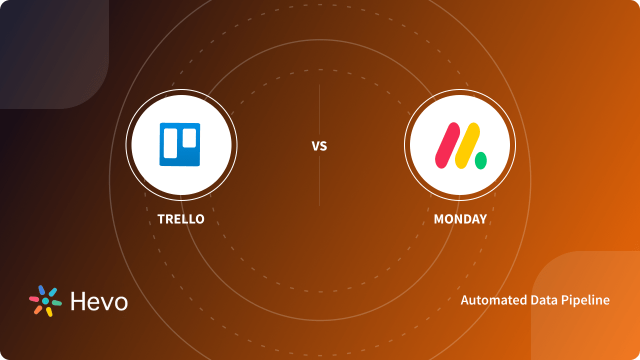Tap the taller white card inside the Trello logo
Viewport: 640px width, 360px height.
pyautogui.click(x=170, y=143)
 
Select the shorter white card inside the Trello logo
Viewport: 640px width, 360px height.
pyautogui.click(x=189, y=138)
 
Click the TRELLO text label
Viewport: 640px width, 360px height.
pyautogui.click(x=181, y=219)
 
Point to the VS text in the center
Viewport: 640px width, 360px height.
pyautogui.click(x=319, y=146)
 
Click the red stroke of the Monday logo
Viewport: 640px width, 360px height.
pyautogui.click(x=447, y=145)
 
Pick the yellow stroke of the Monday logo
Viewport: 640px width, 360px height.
pyautogui.click(x=467, y=145)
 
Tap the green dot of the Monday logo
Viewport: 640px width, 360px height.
pyautogui.click(x=480, y=161)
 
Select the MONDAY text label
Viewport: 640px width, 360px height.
pyautogui.click(x=460, y=219)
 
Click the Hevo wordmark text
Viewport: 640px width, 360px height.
pyautogui.click(x=99, y=301)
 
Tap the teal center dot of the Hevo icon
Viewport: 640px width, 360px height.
pyautogui.click(x=45, y=301)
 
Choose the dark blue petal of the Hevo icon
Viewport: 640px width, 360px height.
pyautogui.click(x=41, y=290)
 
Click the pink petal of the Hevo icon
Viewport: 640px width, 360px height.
pyautogui.click(x=34, y=299)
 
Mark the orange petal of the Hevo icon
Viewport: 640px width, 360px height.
pyautogui.click(x=38, y=309)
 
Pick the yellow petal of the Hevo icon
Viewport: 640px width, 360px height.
pyautogui.click(x=49, y=311)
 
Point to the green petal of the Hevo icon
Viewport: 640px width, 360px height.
pyautogui.click(x=56, y=303)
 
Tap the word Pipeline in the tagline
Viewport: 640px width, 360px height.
pyautogui.click(x=585, y=300)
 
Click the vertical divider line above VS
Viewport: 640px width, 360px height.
pyautogui.click(x=319, y=110)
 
